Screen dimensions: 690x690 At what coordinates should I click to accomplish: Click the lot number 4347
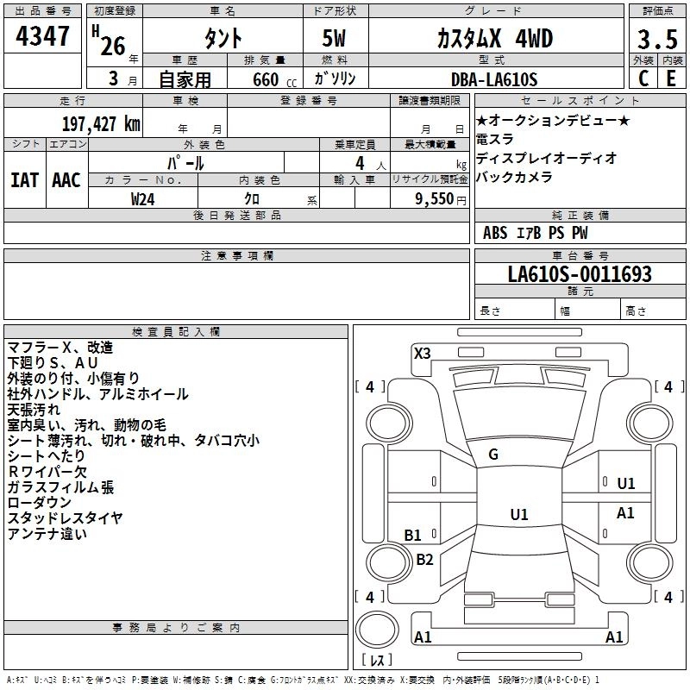click(x=43, y=37)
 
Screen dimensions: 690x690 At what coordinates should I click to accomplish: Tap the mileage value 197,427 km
click(x=102, y=123)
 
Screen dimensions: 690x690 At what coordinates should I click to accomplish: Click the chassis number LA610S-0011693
click(x=579, y=274)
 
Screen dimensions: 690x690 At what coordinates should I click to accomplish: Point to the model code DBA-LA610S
click(x=493, y=79)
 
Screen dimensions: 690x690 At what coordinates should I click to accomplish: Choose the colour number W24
click(x=143, y=198)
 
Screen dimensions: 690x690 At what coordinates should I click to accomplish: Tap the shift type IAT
click(x=24, y=180)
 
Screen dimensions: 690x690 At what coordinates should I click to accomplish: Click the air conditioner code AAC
click(x=66, y=180)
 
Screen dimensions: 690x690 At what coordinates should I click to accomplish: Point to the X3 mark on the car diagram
click(x=423, y=353)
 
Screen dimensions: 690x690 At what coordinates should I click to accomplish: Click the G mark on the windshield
click(x=493, y=455)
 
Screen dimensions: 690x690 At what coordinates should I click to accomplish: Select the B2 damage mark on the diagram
click(x=424, y=560)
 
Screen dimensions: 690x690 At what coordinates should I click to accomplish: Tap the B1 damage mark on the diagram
click(x=413, y=535)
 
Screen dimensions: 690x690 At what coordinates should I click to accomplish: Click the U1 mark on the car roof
click(x=518, y=514)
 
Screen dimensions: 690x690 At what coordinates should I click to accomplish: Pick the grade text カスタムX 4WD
click(x=493, y=38)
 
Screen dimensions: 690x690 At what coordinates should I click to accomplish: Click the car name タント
click(x=223, y=38)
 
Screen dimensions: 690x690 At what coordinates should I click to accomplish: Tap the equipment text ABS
click(x=495, y=232)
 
